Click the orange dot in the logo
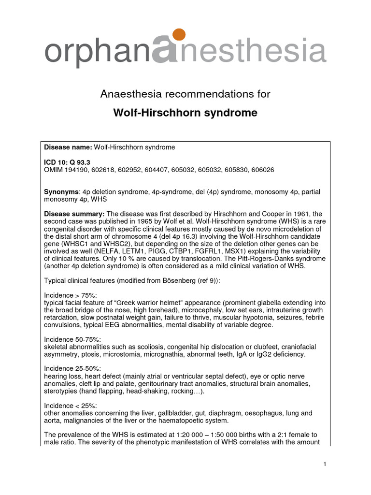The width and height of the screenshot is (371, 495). click(178, 35)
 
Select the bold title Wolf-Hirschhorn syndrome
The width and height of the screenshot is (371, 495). click(185, 113)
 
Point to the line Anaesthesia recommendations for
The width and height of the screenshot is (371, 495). click(185, 94)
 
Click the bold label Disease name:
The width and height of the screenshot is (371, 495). click(68, 147)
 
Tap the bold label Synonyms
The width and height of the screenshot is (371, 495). click(61, 192)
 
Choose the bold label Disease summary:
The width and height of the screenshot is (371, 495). click(74, 214)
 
